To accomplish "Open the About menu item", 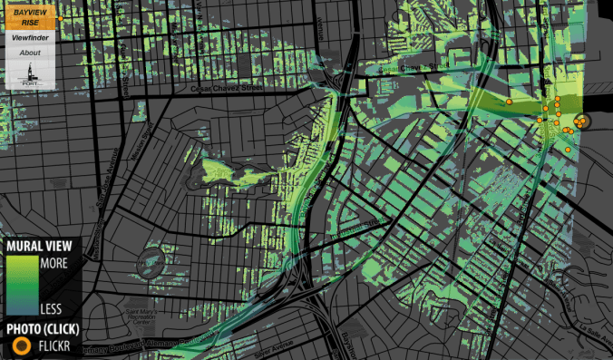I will [x=31, y=53].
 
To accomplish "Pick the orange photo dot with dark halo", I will [x=580, y=121].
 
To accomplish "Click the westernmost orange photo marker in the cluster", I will [x=510, y=103].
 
